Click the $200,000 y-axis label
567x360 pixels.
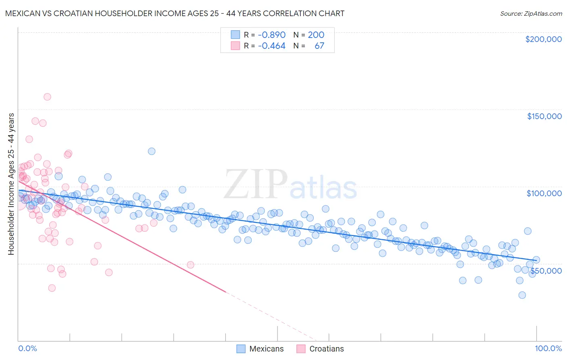(x=543, y=39)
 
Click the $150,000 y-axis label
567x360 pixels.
(x=544, y=116)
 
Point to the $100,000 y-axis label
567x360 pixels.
(x=544, y=193)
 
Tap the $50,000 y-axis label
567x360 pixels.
(x=546, y=270)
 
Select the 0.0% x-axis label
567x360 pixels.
(x=27, y=348)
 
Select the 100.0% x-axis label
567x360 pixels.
(x=548, y=348)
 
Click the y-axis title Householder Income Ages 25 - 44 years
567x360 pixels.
(x=11, y=184)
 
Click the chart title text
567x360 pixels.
(x=175, y=13)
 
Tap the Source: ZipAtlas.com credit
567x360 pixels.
(x=531, y=13)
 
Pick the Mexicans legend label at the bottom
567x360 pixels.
(x=266, y=349)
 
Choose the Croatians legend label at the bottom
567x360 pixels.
(x=326, y=349)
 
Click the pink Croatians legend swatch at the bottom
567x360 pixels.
(x=301, y=349)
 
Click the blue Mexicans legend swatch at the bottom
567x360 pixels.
(x=241, y=349)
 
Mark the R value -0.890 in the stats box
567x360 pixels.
(x=271, y=35)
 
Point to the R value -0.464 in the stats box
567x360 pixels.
(x=271, y=46)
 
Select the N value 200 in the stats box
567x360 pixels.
(x=316, y=35)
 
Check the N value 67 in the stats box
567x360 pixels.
(x=319, y=46)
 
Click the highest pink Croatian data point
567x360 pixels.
(x=47, y=97)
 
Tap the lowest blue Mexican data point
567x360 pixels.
(x=522, y=295)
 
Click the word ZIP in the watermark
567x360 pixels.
(x=255, y=184)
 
